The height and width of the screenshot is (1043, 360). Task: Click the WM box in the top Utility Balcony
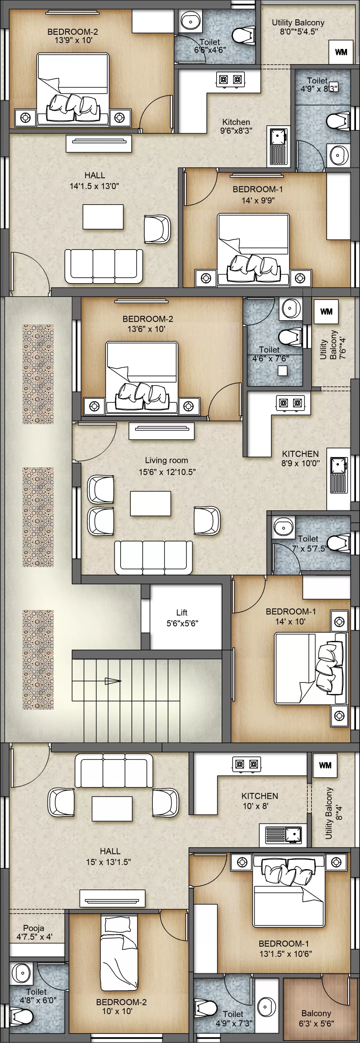tap(341, 52)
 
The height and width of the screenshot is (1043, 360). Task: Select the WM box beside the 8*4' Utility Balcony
tap(325, 765)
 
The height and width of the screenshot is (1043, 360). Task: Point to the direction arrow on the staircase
tap(113, 681)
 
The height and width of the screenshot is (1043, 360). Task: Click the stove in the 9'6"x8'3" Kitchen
tap(230, 79)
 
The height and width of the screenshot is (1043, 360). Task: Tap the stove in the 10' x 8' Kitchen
tap(247, 764)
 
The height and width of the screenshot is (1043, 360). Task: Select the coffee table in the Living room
tap(150, 503)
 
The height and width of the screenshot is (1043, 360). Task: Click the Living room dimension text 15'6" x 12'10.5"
tap(167, 472)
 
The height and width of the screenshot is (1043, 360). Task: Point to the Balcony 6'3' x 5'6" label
tap(316, 1018)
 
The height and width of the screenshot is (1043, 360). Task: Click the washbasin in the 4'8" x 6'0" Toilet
tap(22, 973)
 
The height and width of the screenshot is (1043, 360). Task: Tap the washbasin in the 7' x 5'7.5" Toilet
tap(284, 528)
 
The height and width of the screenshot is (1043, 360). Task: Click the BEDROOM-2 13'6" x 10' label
tap(147, 323)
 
